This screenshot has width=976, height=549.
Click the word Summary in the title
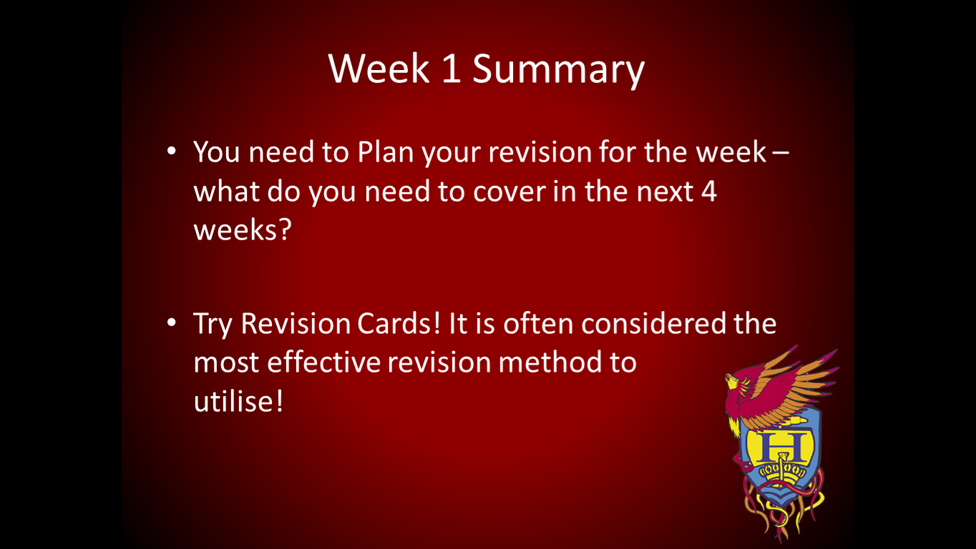pos(558,69)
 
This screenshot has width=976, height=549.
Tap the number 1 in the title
pos(451,69)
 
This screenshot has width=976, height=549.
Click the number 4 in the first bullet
pos(708,192)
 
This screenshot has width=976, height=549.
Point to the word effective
pos(324,362)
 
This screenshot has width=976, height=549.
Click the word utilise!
pos(238,401)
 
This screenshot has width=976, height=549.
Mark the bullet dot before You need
pos(171,152)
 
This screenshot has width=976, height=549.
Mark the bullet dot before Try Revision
pos(171,323)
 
